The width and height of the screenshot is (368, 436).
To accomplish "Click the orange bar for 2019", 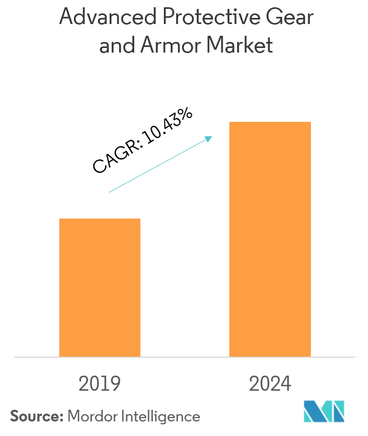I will coord(100,287).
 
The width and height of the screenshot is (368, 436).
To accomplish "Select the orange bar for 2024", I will coord(270,239).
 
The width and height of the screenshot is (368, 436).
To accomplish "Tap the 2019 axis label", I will coord(100,384).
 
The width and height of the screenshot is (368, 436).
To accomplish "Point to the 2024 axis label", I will coord(270,384).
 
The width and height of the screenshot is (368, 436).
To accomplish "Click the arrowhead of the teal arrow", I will coord(210,138).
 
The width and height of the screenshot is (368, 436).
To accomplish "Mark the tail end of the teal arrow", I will coord(109,192).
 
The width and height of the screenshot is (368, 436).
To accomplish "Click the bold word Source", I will coord(36,416).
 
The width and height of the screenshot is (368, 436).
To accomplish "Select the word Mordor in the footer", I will coord(90,416).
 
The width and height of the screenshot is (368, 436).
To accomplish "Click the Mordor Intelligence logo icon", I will coord(324,411).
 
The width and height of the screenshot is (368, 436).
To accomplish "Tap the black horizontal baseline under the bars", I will coord(185,357).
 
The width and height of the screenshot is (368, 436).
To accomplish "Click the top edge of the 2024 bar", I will coord(270,122).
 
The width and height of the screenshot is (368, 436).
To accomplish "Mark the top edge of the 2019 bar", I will coord(100,219).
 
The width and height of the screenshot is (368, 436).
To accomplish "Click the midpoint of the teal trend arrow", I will coord(160,164).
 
